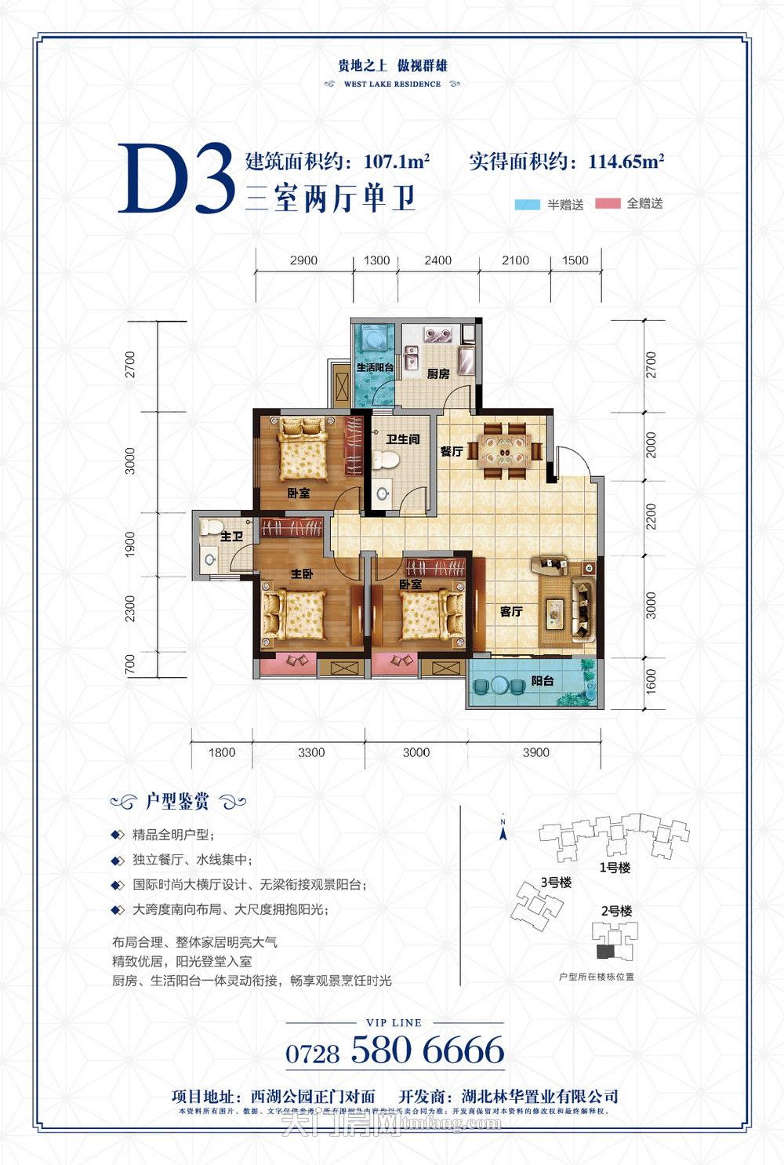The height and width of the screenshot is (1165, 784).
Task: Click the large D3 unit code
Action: click(177, 180)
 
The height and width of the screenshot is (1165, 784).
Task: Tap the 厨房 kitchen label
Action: click(438, 374)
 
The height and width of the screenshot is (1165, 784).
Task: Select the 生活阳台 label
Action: click(375, 367)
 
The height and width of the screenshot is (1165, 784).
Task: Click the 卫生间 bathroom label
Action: click(402, 439)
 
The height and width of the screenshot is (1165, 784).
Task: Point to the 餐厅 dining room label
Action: click(451, 452)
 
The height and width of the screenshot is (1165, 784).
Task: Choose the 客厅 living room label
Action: click(511, 611)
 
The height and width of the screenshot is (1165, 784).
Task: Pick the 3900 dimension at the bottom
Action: click(535, 752)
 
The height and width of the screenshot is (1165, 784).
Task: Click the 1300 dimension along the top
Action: click(376, 260)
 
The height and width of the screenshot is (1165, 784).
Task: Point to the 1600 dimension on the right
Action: click(651, 683)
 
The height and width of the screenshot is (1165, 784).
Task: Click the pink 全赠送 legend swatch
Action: click(608, 204)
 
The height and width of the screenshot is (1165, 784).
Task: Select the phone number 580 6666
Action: click(427, 1050)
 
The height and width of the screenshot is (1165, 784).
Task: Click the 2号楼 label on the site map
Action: click(616, 911)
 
